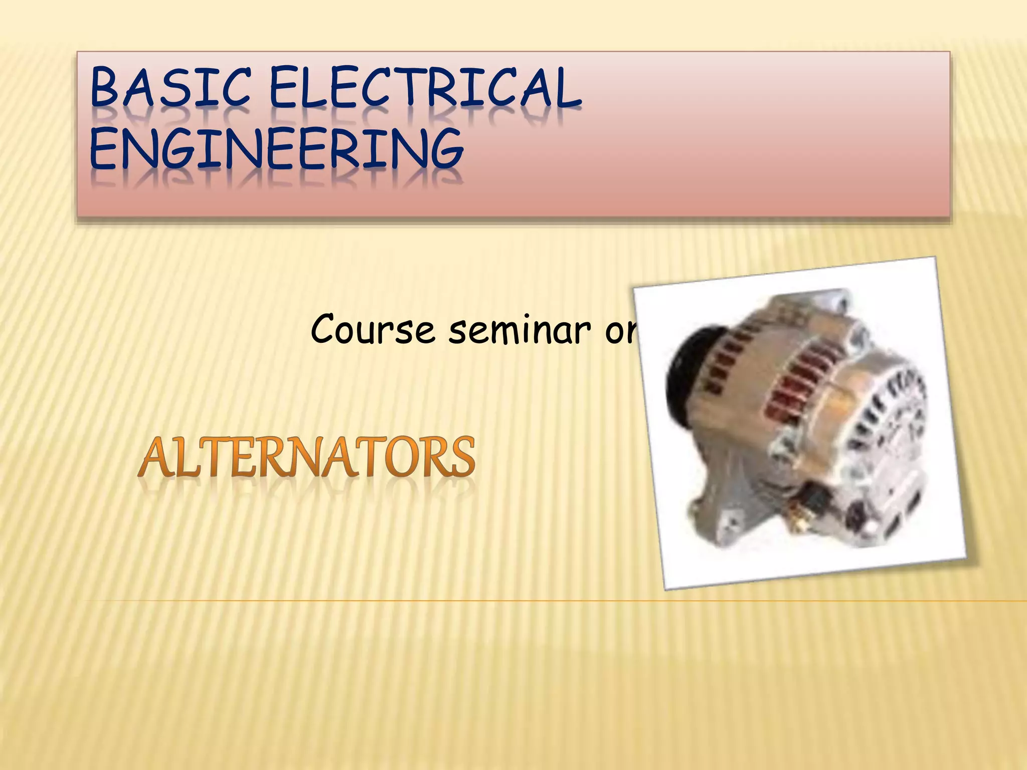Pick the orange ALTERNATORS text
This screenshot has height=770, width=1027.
[306, 457]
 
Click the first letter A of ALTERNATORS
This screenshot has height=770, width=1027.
[156, 457]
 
